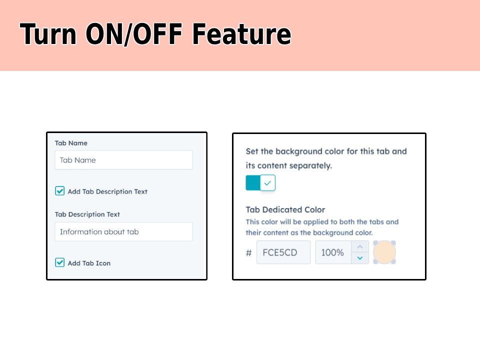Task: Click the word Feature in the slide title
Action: tap(241, 34)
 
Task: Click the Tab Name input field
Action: tap(123, 160)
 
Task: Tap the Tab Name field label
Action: tap(71, 143)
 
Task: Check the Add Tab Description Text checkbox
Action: tap(60, 191)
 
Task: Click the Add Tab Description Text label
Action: tap(107, 191)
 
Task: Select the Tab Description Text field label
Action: tap(87, 214)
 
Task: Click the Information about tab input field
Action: tap(123, 232)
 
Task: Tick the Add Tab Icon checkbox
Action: tap(60, 262)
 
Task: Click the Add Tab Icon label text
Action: tap(89, 263)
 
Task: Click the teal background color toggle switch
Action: tap(260, 183)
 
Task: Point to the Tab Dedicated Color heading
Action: tap(285, 210)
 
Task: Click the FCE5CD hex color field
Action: tap(283, 252)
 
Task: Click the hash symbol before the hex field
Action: tap(248, 253)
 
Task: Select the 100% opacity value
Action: tap(332, 252)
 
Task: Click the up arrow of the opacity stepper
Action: tap(360, 247)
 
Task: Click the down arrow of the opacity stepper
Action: tap(360, 258)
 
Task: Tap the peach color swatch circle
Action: tap(384, 252)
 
